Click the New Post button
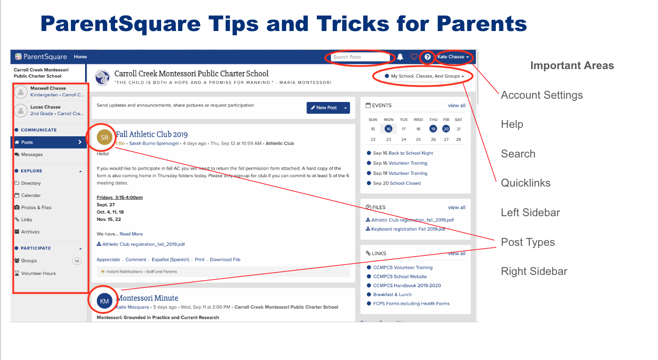323,108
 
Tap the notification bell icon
400,57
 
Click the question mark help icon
428,57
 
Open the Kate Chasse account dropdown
454,57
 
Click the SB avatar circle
105,137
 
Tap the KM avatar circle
105,301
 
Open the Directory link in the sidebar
31,183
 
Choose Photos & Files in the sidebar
36,208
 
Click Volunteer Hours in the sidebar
38,273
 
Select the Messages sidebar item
31,155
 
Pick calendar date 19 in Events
433,129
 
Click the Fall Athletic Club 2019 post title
152,134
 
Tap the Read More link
131,234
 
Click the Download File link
225,259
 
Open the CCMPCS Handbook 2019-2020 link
407,286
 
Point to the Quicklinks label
525,183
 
